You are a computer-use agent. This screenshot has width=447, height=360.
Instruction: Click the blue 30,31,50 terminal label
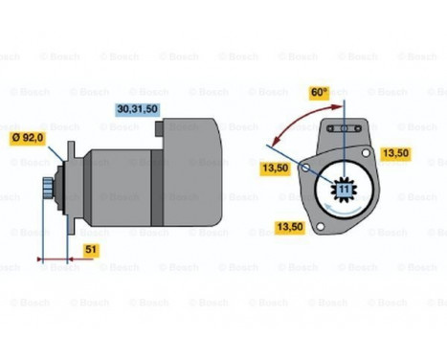pyautogui.click(x=137, y=110)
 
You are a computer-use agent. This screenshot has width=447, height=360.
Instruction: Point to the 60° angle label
pyautogui.click(x=320, y=95)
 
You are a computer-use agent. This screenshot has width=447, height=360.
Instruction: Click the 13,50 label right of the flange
pyautogui.click(x=396, y=151)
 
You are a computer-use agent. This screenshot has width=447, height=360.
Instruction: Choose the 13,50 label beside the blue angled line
pyautogui.click(x=276, y=169)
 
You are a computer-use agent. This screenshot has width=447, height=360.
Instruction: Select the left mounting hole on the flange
pyautogui.click(x=304, y=169)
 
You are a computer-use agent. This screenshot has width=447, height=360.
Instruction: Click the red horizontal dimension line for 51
pyautogui.click(x=56, y=259)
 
